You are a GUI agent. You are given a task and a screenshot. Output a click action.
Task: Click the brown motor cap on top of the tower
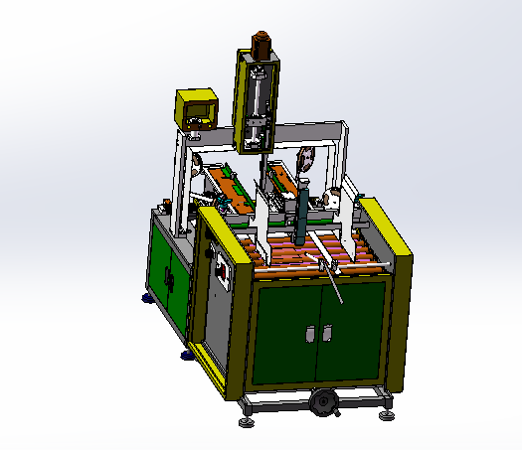click(261, 44)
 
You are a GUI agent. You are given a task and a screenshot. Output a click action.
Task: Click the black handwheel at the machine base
click(323, 401)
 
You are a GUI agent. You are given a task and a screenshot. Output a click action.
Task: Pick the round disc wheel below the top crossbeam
click(304, 159)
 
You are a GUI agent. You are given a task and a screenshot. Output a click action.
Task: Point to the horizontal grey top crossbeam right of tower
click(313, 128)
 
